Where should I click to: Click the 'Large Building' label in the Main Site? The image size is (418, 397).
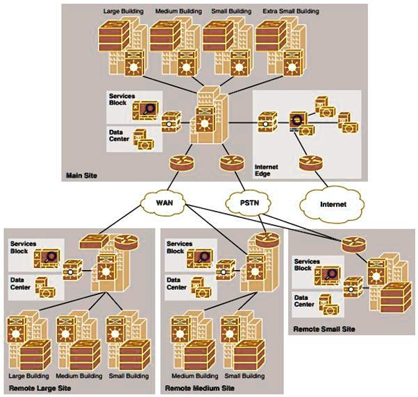point(124,12)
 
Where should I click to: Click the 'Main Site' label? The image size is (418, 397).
point(82,177)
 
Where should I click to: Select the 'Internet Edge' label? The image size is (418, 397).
point(267,171)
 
